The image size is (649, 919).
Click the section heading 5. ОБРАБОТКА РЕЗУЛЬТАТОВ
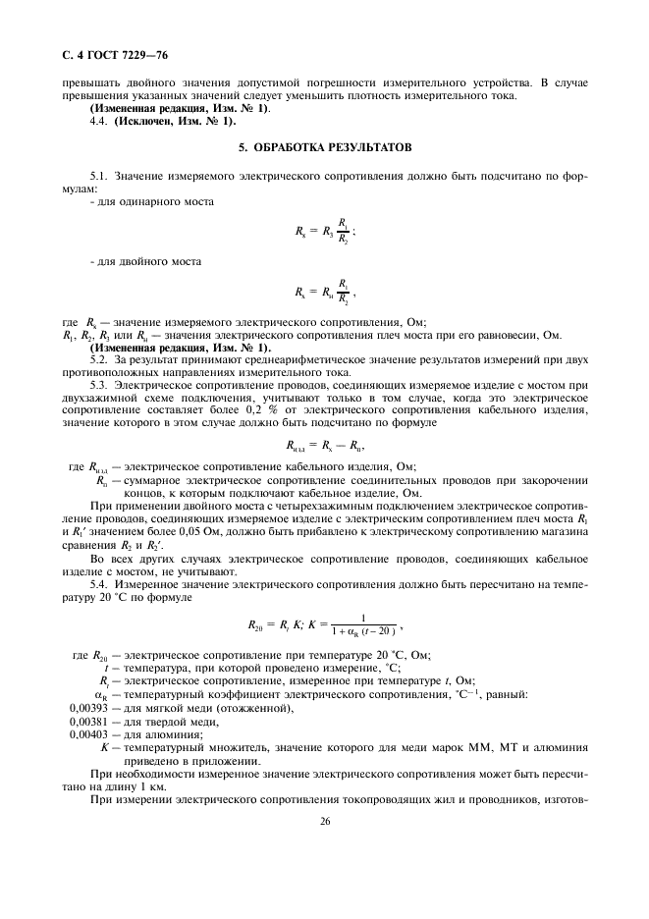(324, 147)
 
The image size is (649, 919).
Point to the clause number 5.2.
(101, 360)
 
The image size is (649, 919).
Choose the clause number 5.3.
(101, 386)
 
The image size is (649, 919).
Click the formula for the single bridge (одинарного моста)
(325, 232)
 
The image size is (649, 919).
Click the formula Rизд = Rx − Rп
(324, 444)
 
